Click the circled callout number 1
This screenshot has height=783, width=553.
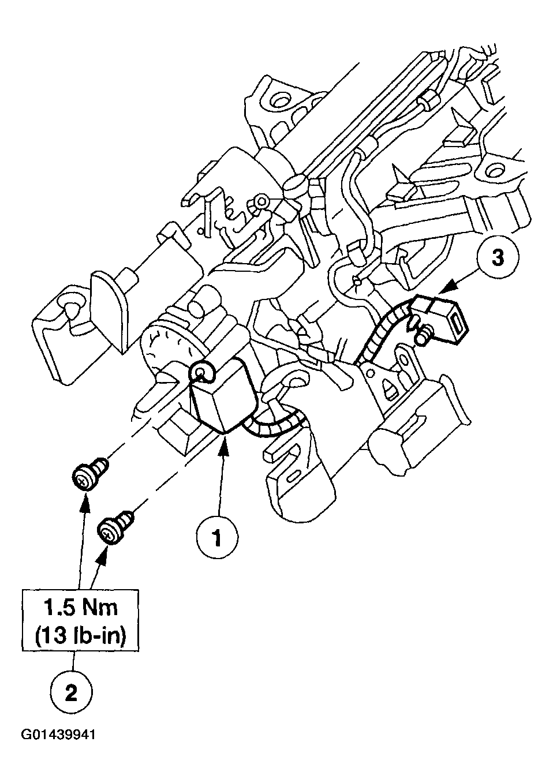point(217,538)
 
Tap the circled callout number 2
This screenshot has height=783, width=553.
point(71,692)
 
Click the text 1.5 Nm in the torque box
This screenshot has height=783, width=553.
point(81,607)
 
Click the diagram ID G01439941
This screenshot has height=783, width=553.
point(58,751)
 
